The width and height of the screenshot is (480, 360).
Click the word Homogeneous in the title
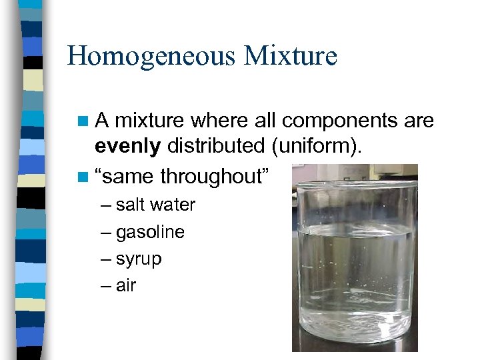[x=151, y=55]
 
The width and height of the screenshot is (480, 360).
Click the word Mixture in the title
[x=290, y=55]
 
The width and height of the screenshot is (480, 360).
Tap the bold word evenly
[x=128, y=145]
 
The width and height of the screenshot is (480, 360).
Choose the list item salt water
[x=155, y=205]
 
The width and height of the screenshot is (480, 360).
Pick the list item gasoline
[x=150, y=232]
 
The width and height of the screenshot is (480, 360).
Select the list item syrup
[x=139, y=259]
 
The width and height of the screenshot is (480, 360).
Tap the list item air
[x=126, y=285]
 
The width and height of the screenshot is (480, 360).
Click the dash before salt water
[x=107, y=205]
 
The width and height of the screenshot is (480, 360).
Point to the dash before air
[x=107, y=286]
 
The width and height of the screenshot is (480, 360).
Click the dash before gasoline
[x=107, y=233]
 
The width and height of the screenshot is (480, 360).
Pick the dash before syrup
[x=107, y=259]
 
